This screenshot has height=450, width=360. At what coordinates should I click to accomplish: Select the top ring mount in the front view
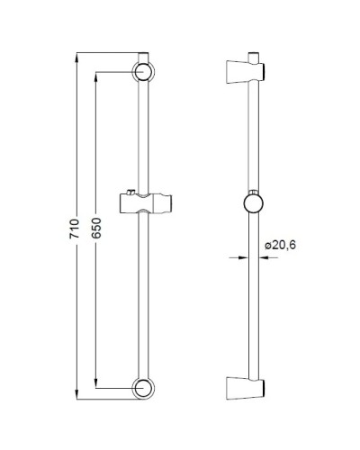click(142, 72)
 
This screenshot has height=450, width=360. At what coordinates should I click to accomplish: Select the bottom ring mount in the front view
click(142, 388)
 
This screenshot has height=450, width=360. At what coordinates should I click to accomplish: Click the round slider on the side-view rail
click(253, 202)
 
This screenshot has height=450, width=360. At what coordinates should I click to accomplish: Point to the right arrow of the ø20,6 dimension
click(262, 257)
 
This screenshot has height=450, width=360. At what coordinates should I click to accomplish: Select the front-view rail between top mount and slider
click(142, 135)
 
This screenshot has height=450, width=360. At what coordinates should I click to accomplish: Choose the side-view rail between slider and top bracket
click(253, 135)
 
